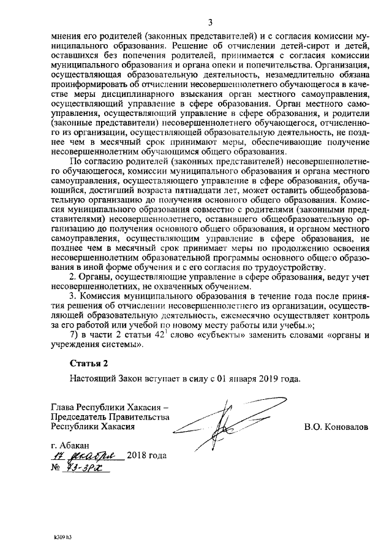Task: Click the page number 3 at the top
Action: click(210, 23)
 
